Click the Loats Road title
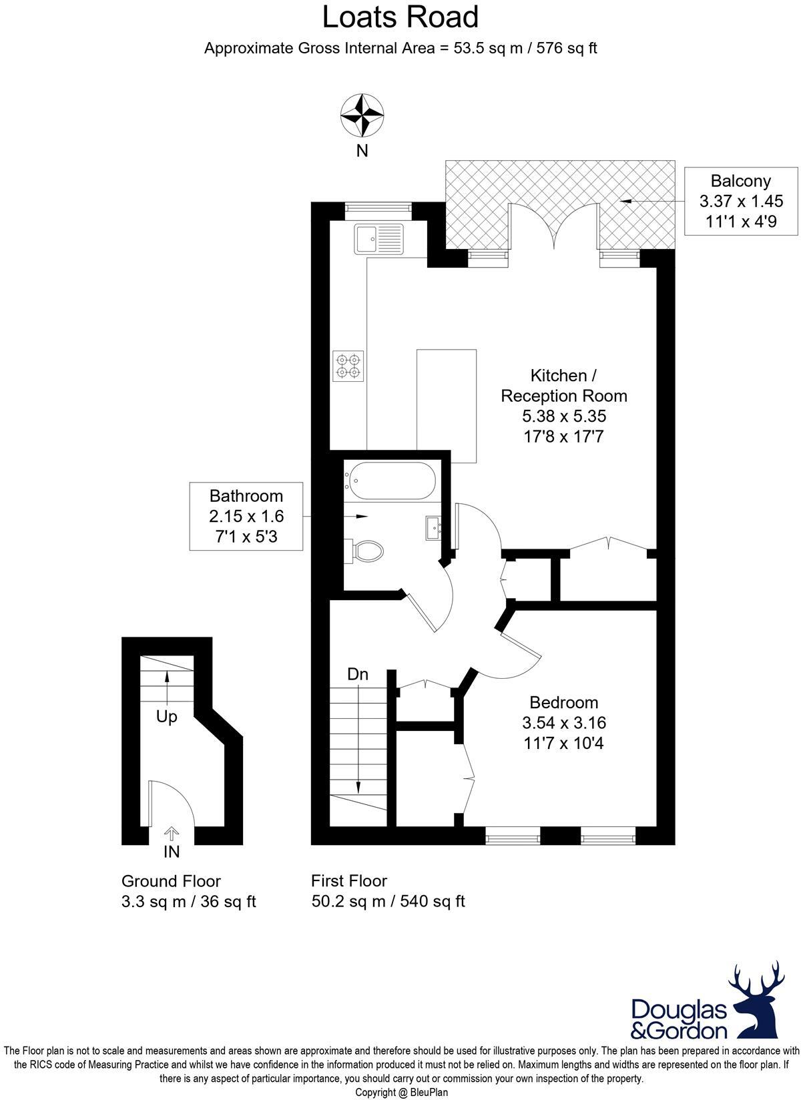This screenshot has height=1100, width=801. pyautogui.click(x=400, y=17)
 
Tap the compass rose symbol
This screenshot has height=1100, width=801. pyautogui.click(x=362, y=115)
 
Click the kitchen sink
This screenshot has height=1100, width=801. pyautogui.click(x=379, y=239)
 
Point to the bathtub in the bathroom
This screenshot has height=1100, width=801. pyautogui.click(x=390, y=481)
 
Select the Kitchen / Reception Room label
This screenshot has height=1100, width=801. pyautogui.click(x=564, y=385)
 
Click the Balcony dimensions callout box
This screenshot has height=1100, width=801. pyautogui.click(x=740, y=201)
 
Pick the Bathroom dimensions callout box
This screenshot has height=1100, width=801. pyautogui.click(x=246, y=516)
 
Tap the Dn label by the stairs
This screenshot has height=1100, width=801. pyautogui.click(x=358, y=674)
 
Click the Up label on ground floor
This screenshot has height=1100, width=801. pyautogui.click(x=166, y=717)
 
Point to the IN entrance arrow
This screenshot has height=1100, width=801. pyautogui.click(x=172, y=834)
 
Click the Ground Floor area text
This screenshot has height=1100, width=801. pyautogui.click(x=188, y=892)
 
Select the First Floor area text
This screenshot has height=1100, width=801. pyautogui.click(x=388, y=892)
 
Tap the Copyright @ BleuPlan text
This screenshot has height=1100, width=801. pyautogui.click(x=400, y=1093)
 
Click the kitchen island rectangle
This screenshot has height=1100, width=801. pyautogui.click(x=447, y=406)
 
